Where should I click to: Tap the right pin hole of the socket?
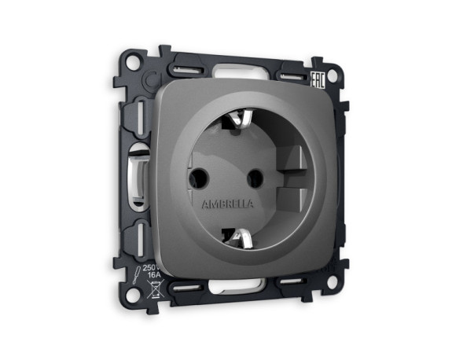(255, 178)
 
